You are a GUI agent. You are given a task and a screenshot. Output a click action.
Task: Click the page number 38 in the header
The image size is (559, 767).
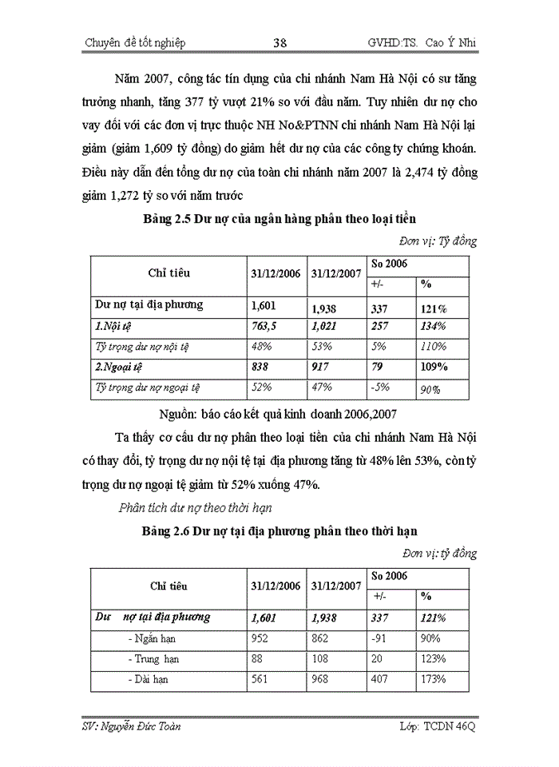(x=279, y=43)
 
